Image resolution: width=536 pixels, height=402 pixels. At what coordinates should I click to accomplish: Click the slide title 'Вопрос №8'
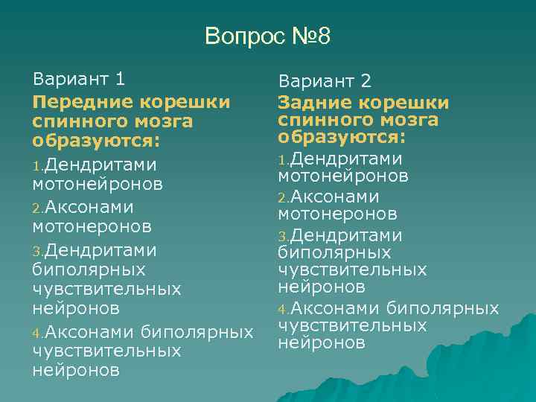pos(267,36)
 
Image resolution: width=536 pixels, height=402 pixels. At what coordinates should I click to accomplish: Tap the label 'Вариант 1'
pos(79,79)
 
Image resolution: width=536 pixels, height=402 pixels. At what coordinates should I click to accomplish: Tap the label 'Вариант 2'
pos(324,82)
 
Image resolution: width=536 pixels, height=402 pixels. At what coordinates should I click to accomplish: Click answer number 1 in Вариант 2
pos(282,159)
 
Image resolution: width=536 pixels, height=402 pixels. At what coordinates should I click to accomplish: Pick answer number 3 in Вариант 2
pos(282,237)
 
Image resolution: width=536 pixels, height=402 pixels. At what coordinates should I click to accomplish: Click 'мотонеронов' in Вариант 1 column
pos(92,225)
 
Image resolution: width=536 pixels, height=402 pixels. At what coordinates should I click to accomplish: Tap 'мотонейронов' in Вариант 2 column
pos(343,176)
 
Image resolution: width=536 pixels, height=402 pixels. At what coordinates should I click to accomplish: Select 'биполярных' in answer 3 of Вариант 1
pos(89,269)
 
